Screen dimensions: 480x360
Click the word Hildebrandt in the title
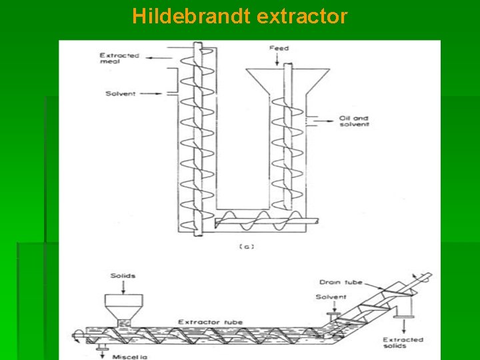[191, 16]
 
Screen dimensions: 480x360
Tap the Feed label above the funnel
[279, 49]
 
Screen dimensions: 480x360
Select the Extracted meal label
[119, 59]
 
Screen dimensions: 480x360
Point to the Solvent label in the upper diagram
[120, 93]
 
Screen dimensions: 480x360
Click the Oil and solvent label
[354, 121]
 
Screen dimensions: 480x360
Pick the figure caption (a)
[247, 246]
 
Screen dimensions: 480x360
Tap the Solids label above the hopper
[123, 276]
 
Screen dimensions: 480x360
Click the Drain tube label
[341, 282]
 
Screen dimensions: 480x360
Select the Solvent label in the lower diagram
[331, 297]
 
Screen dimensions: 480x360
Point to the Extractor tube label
[204, 323]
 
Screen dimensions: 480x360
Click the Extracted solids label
[403, 343]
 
